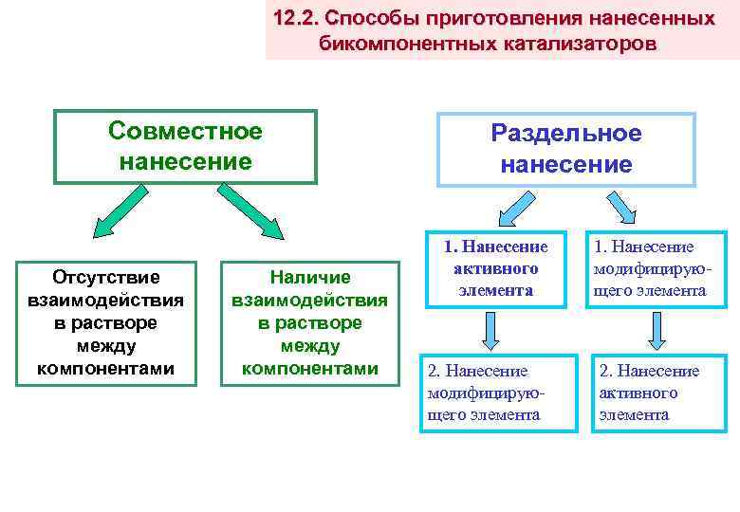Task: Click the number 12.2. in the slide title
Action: click(x=294, y=19)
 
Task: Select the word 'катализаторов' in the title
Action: click(x=580, y=45)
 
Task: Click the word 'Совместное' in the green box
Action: click(x=185, y=131)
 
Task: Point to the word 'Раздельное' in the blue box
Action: click(x=565, y=134)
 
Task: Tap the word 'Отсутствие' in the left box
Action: click(x=106, y=277)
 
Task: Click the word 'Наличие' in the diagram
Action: click(x=309, y=277)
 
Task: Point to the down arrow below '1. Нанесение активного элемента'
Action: click(x=490, y=330)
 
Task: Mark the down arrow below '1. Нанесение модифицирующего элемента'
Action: click(x=654, y=330)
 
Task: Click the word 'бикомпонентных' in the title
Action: click(x=405, y=45)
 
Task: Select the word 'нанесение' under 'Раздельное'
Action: click(x=565, y=164)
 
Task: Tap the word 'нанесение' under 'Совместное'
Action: click(x=185, y=161)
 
